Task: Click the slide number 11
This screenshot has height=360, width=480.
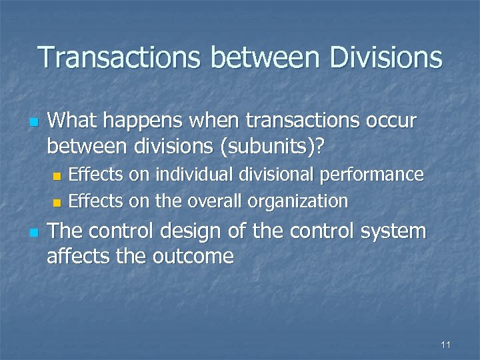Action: tap(446, 344)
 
